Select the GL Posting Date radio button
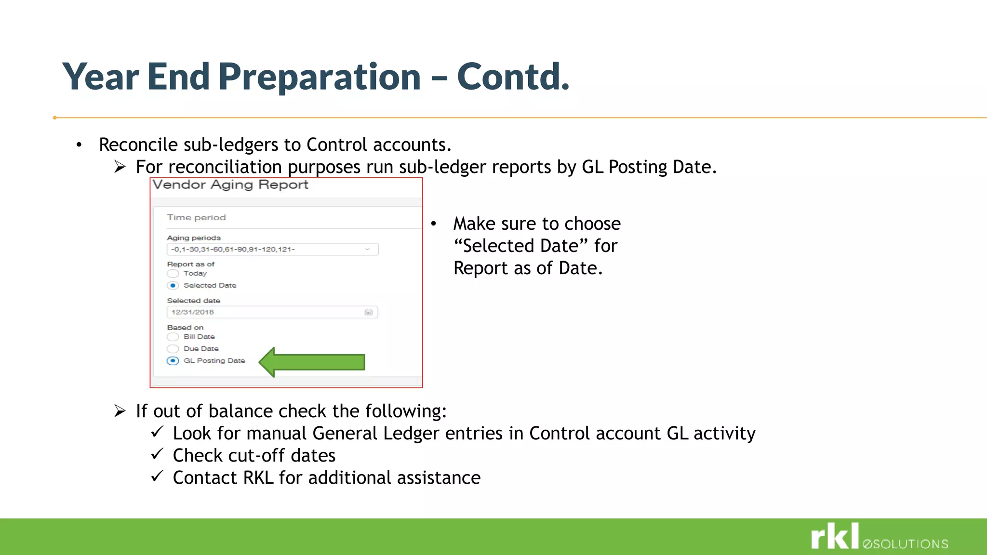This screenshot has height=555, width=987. pyautogui.click(x=173, y=361)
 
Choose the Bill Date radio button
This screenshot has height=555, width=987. pyautogui.click(x=173, y=337)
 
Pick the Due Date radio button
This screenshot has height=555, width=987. pyautogui.click(x=173, y=349)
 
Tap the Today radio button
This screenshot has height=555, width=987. pyautogui.click(x=173, y=274)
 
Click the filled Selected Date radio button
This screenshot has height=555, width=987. pyautogui.click(x=173, y=286)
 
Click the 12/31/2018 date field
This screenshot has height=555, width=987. pyautogui.click(x=265, y=312)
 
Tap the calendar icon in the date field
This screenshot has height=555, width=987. pyautogui.click(x=369, y=312)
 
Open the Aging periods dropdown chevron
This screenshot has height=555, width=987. pyautogui.click(x=367, y=249)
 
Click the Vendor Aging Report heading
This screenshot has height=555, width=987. pyautogui.click(x=230, y=185)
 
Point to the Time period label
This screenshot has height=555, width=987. pyautogui.click(x=196, y=218)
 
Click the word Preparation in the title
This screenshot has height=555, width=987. pyautogui.click(x=320, y=77)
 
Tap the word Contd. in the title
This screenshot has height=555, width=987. pyautogui.click(x=513, y=77)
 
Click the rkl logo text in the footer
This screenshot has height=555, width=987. pyautogui.click(x=835, y=537)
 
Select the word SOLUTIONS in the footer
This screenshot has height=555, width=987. pyautogui.click(x=910, y=544)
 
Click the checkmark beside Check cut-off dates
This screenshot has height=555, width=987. pyautogui.click(x=157, y=454)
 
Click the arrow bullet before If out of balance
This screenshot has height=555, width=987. pyautogui.click(x=120, y=411)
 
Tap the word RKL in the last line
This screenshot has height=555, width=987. pyautogui.click(x=258, y=478)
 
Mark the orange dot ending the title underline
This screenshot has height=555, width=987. pyautogui.click(x=55, y=118)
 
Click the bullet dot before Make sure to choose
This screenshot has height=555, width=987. pyautogui.click(x=433, y=224)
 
